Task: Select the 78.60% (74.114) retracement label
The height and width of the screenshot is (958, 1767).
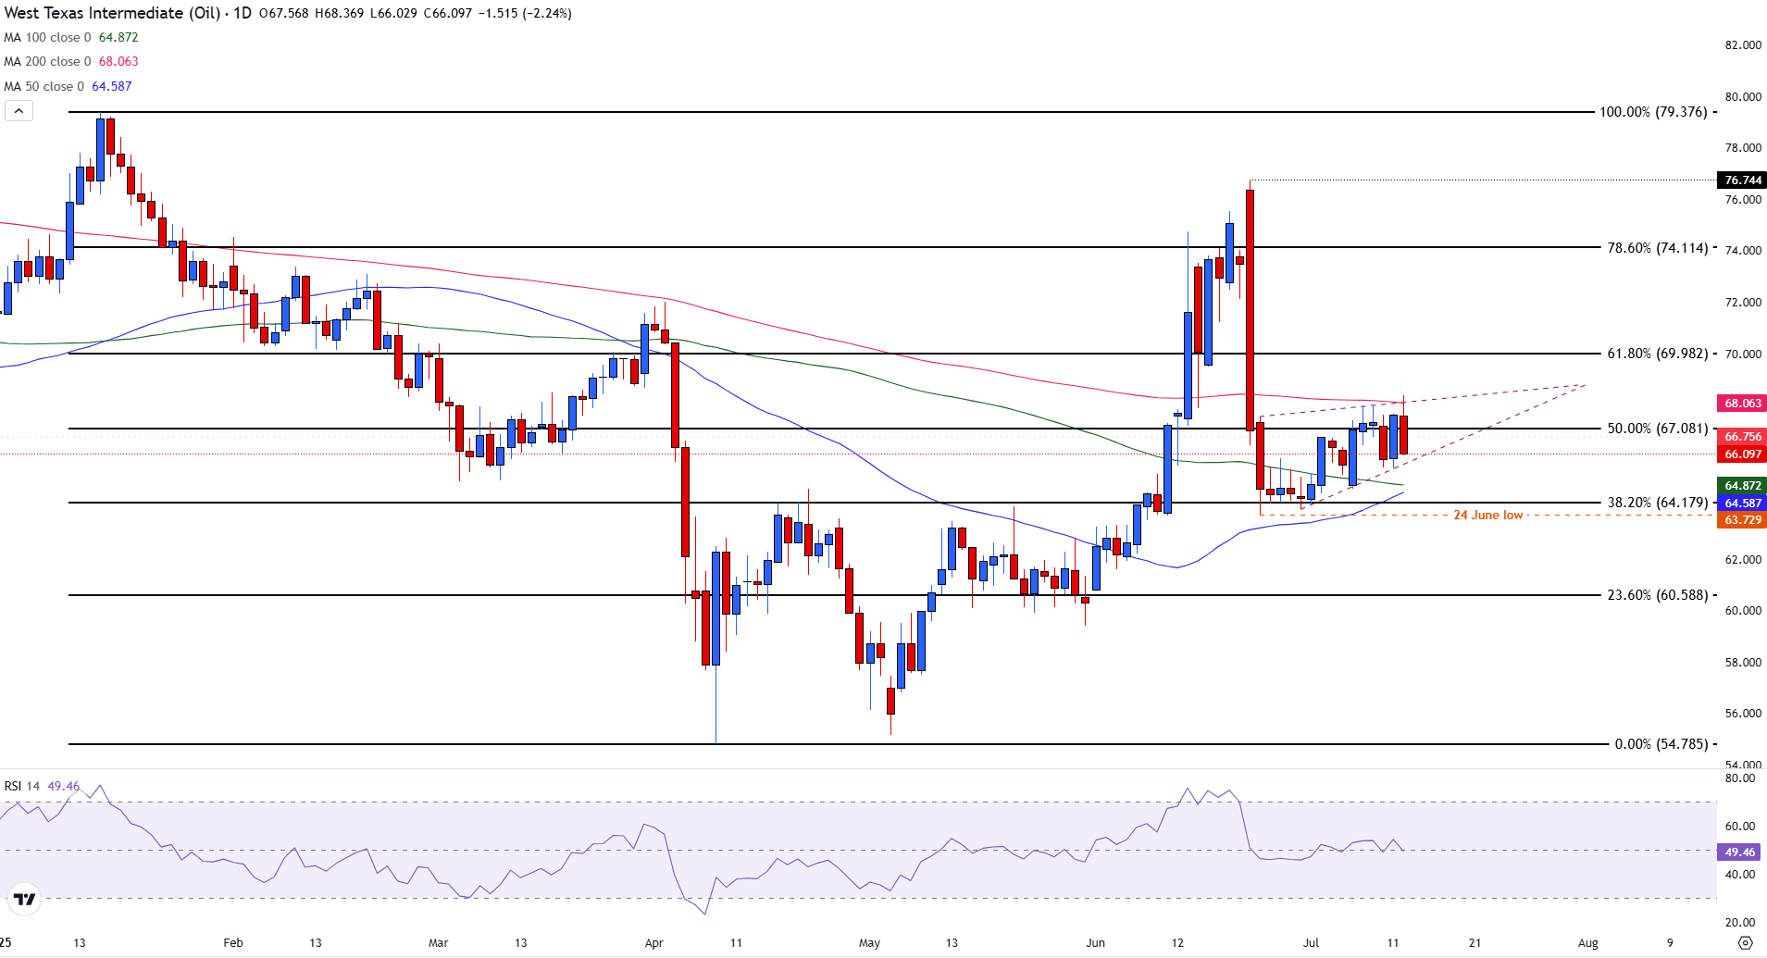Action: (x=1657, y=248)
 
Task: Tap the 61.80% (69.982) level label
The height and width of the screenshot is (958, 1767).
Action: (x=1657, y=354)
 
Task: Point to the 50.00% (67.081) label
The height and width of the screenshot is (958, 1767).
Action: (x=1657, y=429)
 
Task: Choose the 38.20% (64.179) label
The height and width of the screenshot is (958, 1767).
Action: (x=1657, y=503)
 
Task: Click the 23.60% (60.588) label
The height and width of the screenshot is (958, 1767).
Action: (x=1657, y=595)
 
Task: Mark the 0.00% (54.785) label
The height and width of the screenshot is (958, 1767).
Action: (x=1661, y=744)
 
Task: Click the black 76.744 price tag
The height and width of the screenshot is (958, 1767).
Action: (x=1742, y=180)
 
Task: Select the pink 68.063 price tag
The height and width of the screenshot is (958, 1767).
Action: (x=1742, y=404)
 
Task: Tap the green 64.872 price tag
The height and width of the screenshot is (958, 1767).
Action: (x=1742, y=486)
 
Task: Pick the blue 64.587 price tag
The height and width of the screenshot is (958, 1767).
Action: (x=1742, y=504)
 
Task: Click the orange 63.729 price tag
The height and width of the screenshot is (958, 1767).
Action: (x=1742, y=520)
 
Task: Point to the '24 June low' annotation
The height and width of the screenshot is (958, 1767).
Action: (x=1487, y=516)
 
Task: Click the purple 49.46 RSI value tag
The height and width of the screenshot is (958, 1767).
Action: (x=1739, y=852)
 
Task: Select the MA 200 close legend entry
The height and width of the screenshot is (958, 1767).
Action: (x=71, y=62)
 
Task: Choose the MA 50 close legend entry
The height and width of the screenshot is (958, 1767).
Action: (x=68, y=86)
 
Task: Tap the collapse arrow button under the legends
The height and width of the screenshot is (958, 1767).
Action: (x=19, y=111)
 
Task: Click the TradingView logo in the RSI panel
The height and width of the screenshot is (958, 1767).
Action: (x=25, y=899)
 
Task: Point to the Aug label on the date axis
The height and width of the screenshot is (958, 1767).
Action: (x=1587, y=943)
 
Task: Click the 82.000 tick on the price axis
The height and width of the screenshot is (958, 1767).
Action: (x=1743, y=45)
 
